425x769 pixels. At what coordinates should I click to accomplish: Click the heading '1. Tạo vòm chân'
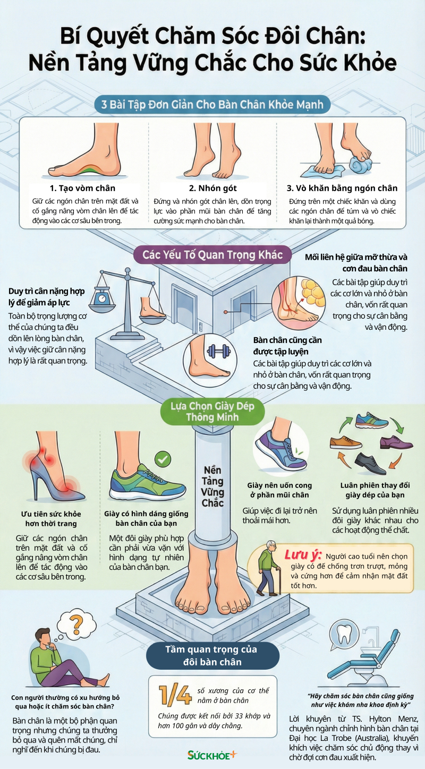pyautogui.click(x=82, y=188)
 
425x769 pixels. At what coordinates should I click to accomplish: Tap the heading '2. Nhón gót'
pyautogui.click(x=212, y=188)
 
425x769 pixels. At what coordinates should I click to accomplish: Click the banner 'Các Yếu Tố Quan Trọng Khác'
pyautogui.click(x=212, y=255)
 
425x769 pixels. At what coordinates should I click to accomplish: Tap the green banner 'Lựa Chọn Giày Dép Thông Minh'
pyautogui.click(x=212, y=412)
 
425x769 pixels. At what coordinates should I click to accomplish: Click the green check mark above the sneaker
pyautogui.click(x=162, y=459)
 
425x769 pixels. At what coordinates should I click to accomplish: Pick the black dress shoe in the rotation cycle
pyautogui.click(x=370, y=463)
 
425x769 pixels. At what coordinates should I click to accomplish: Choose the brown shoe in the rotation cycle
pyautogui.click(x=345, y=442)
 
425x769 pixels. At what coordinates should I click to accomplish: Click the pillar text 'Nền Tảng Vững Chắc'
pyautogui.click(x=212, y=487)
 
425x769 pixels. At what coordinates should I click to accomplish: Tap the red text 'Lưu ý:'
pyautogui.click(x=303, y=554)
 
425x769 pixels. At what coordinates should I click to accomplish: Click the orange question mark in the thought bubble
pyautogui.click(x=76, y=622)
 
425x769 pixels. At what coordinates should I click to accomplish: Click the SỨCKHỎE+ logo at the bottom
pyautogui.click(x=212, y=755)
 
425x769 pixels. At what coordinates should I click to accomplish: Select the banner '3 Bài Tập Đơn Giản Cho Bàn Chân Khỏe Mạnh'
pyautogui.click(x=212, y=104)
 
